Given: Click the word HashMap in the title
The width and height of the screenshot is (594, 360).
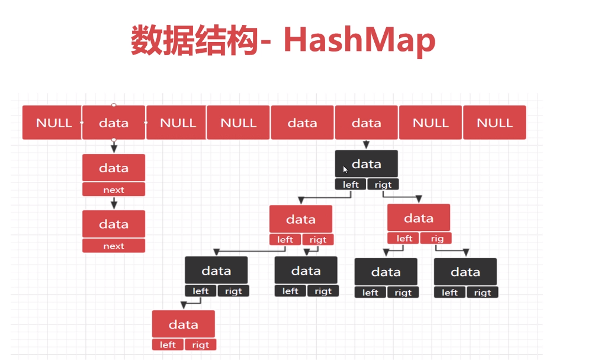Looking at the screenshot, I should pos(359,40).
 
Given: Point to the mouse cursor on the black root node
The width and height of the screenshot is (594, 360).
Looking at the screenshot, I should pos(345,169).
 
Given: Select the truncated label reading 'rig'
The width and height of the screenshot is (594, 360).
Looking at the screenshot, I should pos(436,239).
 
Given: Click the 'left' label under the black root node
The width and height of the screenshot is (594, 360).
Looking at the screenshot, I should pos(351,185).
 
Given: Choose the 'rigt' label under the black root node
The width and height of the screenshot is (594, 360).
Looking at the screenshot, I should pos(383,185).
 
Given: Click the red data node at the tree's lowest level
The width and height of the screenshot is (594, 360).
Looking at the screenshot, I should pos(183,324).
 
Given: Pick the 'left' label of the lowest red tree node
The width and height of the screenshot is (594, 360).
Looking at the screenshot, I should pos(168,345).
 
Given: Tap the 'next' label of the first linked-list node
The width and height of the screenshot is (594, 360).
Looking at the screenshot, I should pos(114,190).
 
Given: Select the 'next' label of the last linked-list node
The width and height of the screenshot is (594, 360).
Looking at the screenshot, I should pos(114,246).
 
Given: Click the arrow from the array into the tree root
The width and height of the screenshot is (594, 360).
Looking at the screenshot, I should pos(366,144).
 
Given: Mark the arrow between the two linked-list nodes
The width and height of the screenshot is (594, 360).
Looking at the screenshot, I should pos(114,203).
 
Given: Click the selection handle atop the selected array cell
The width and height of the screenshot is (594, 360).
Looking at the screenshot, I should pos(114,105).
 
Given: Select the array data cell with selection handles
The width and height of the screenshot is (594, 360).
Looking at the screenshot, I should pos(114,123).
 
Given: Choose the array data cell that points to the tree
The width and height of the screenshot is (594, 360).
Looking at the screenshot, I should pos(366,123).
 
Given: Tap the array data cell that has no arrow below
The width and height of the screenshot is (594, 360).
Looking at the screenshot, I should pos(302,123).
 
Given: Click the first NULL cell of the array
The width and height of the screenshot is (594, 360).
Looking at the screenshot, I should pos(53,123).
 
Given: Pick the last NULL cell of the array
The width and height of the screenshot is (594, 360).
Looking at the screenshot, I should pos(495,123).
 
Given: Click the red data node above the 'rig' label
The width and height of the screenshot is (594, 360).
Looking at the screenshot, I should pos(419,218).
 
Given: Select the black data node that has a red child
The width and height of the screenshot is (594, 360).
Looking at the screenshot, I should pos(216,271).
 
